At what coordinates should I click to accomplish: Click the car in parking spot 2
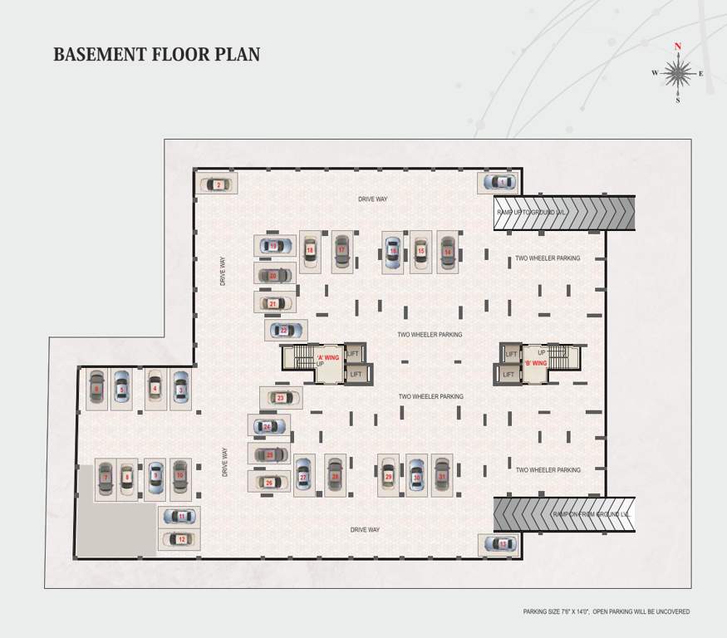pos(218,184)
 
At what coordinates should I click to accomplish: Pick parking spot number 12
pos(180,539)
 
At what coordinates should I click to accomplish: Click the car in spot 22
pos(283,331)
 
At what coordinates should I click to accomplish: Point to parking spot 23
pos(281,398)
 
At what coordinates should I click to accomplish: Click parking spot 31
pos(442,476)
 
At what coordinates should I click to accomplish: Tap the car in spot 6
pos(96,388)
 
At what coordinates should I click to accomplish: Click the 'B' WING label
pos(534,363)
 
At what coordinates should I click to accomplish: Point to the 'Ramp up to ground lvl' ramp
pos(564,213)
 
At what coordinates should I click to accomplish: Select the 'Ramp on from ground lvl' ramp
pos(564,514)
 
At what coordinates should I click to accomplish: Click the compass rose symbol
pos(678,74)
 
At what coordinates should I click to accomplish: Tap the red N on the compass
pos(678,47)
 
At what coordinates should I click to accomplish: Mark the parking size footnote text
pos(606,612)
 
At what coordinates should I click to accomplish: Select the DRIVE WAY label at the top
pos(372,199)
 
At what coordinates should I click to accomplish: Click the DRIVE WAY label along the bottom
pos(365,529)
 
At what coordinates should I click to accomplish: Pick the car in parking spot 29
pos(388,476)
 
